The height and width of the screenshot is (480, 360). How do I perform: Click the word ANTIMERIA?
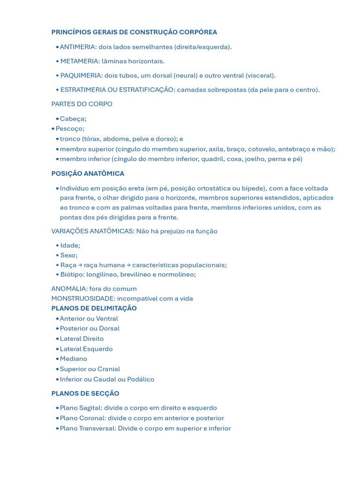pyautogui.click(x=78, y=47)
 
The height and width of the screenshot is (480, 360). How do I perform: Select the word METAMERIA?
pyautogui.click(x=80, y=61)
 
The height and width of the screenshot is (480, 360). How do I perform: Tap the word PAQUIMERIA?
pyautogui.click(x=81, y=75)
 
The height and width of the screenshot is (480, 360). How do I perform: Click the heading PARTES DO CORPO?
pyautogui.click(x=82, y=104)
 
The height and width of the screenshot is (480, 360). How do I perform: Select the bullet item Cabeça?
pyautogui.click(x=73, y=119)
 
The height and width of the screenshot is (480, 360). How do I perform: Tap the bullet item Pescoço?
pyautogui.click(x=70, y=128)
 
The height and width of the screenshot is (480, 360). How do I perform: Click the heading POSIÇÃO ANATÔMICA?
pyautogui.click(x=88, y=173)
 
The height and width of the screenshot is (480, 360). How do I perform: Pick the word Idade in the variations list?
pyautogui.click(x=70, y=245)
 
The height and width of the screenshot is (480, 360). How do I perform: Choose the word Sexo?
pyautogui.click(x=68, y=255)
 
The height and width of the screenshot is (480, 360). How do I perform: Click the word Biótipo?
pyautogui.click(x=72, y=274)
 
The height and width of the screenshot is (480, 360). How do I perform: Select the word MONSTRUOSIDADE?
pyautogui.click(x=83, y=299)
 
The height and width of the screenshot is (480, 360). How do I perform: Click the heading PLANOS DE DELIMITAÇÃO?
pyautogui.click(x=94, y=308)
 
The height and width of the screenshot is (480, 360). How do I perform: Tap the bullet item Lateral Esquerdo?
pyautogui.click(x=86, y=349)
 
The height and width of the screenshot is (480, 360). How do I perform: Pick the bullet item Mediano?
pyautogui.click(x=73, y=359)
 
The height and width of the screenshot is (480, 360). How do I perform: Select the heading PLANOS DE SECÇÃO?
pyautogui.click(x=85, y=393)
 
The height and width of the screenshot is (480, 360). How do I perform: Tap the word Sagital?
pyautogui.click(x=90, y=408)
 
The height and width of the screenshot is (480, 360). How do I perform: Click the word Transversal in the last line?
pyautogui.click(x=97, y=428)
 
